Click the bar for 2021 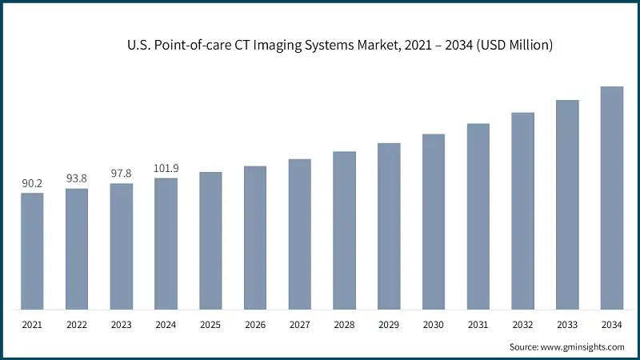pyautogui.click(x=32, y=251)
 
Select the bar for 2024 pyautogui.click(x=166, y=244)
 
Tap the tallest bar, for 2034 pyautogui.click(x=612, y=198)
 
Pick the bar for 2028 pyautogui.click(x=344, y=230)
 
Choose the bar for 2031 pyautogui.click(x=478, y=216)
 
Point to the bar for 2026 pyautogui.click(x=255, y=238)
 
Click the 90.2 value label pyautogui.click(x=32, y=184)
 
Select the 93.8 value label pyautogui.click(x=77, y=179)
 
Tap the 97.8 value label pyautogui.click(x=122, y=174)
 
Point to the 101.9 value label pyautogui.click(x=166, y=169)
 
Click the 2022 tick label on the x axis pyautogui.click(x=77, y=326)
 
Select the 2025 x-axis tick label pyautogui.click(x=210, y=326)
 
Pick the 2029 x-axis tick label pyautogui.click(x=389, y=326)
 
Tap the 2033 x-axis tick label pyautogui.click(x=567, y=326)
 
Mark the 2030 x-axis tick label pyautogui.click(x=434, y=326)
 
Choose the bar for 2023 pyautogui.click(x=122, y=246)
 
